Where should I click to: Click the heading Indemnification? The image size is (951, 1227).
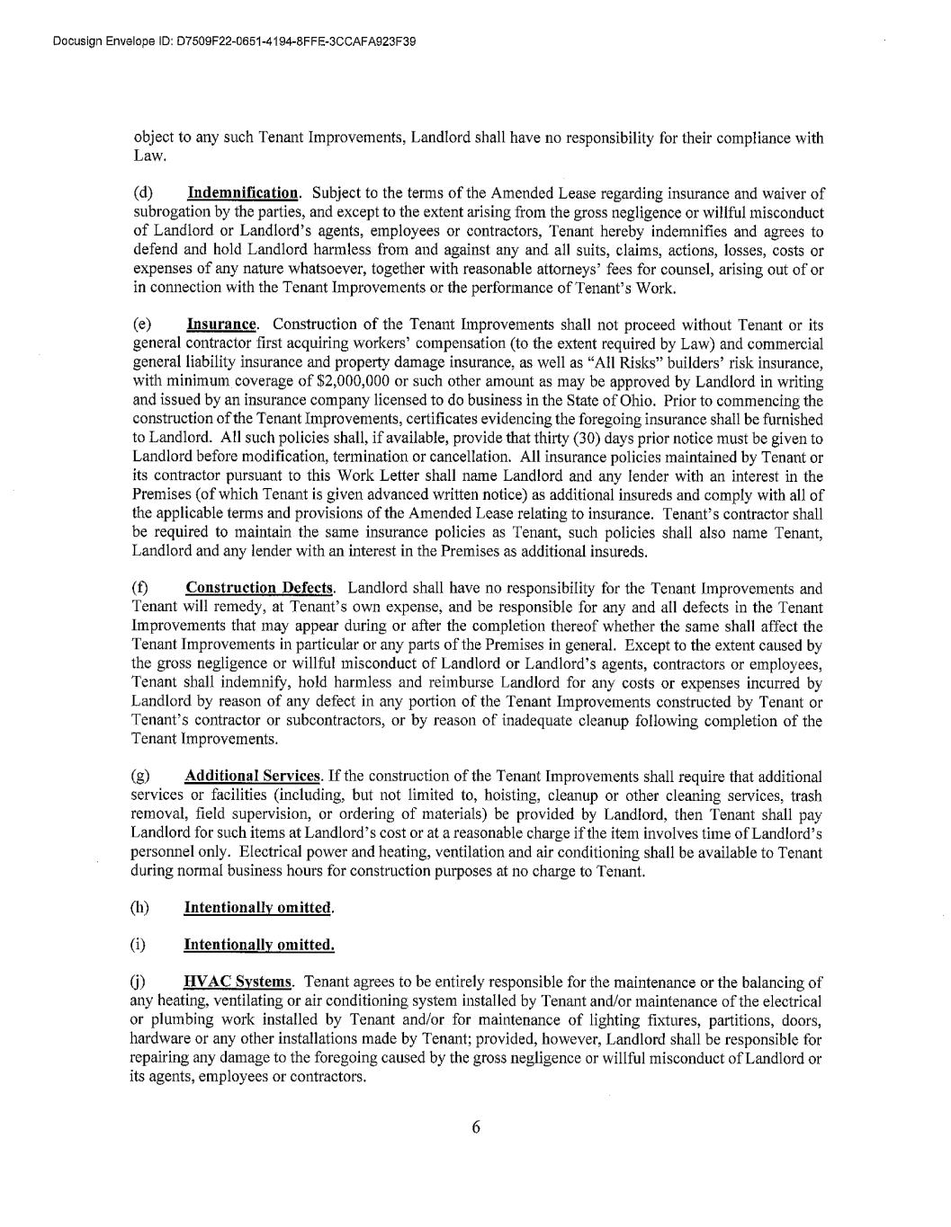pos(242,193)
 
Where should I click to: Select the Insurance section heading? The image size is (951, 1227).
pos(221,325)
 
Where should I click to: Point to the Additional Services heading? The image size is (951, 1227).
pos(252,776)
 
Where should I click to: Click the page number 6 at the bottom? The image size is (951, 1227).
pos(476,1128)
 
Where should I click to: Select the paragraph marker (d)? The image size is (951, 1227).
pos(143,193)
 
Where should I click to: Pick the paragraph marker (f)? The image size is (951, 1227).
pos(141,589)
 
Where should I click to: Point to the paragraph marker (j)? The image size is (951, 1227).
pos(139,982)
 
